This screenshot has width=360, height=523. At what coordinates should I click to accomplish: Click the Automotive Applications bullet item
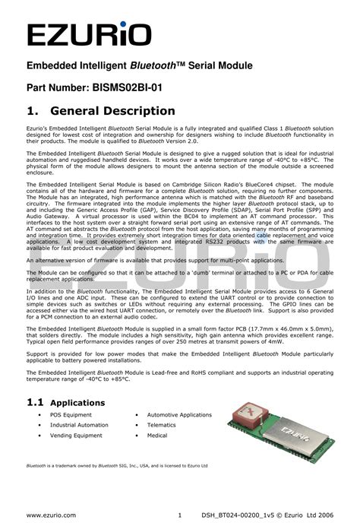coord(179,415)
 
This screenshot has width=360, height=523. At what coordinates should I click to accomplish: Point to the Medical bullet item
coord(157,436)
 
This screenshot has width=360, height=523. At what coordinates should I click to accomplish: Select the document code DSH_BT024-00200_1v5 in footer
coord(236,515)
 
